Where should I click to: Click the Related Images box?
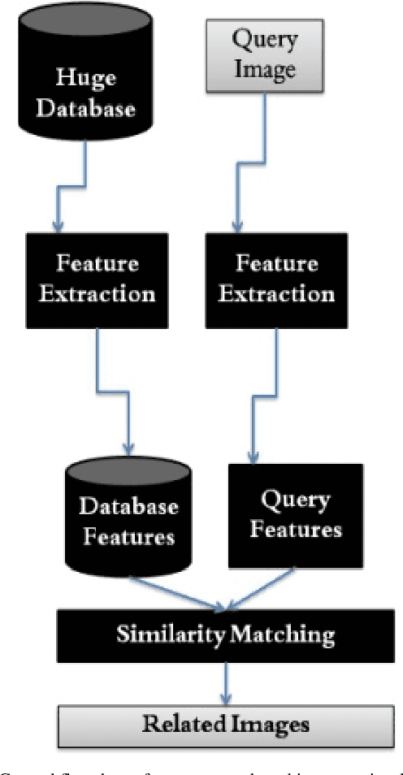click(x=225, y=723)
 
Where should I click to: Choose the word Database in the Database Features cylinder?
click(x=128, y=507)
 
